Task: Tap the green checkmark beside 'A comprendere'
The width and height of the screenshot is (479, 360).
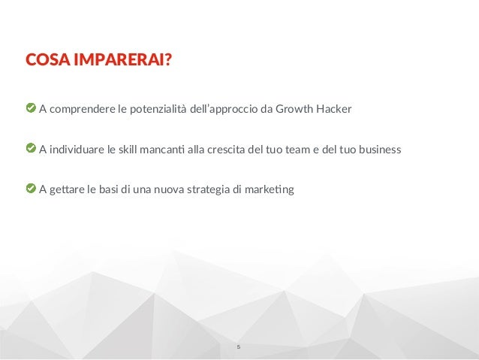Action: pos(31,110)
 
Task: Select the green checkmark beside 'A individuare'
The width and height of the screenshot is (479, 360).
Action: pos(31,149)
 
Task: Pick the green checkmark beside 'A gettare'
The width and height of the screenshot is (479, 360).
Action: pos(31,188)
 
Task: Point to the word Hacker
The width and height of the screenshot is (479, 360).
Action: pos(335,110)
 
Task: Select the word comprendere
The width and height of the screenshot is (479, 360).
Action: pos(83,110)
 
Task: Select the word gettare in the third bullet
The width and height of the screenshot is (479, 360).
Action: pos(68,189)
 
